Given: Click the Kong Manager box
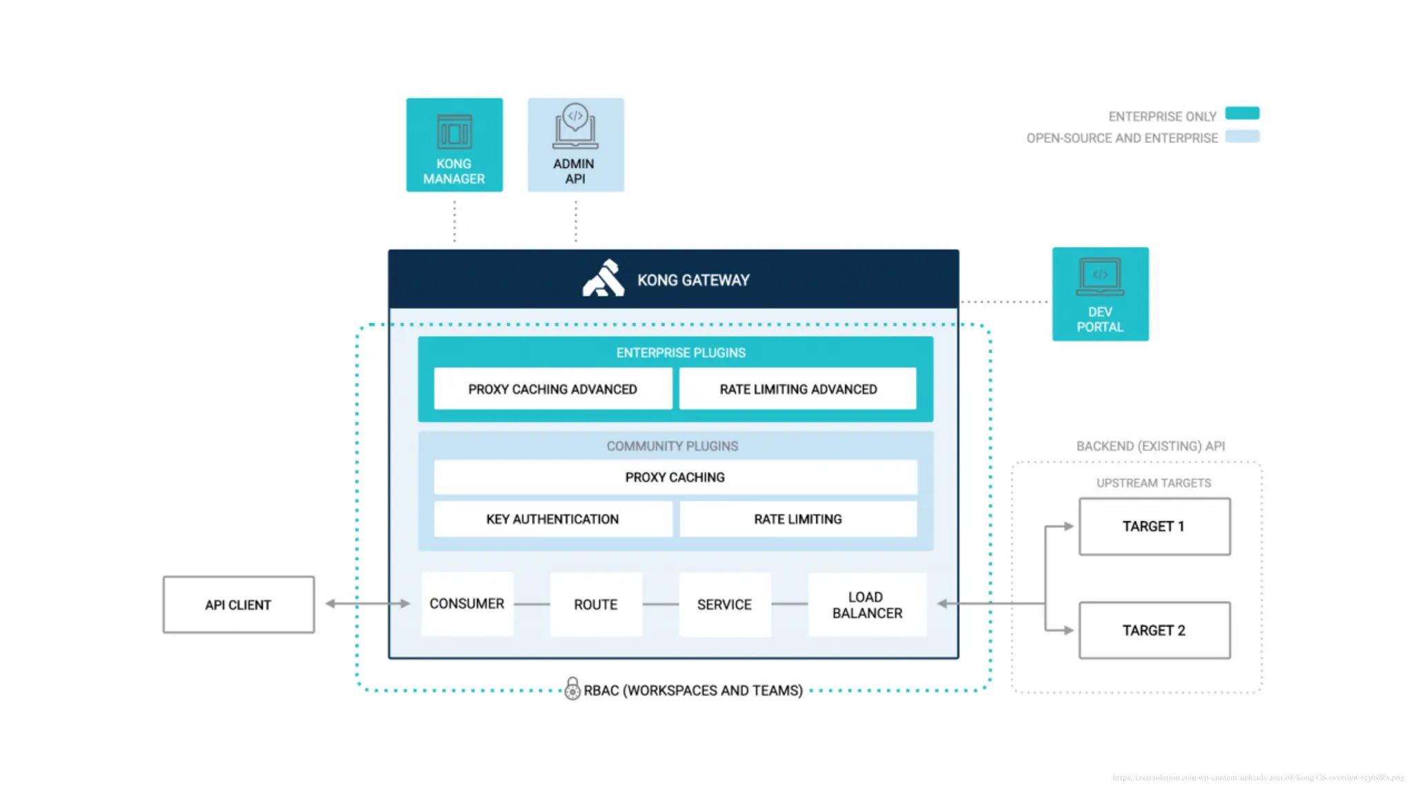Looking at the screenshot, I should click(454, 145).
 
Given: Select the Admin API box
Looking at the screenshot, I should click(576, 145).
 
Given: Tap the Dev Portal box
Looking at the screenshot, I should click(1100, 294).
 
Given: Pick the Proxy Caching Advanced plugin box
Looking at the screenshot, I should click(552, 389).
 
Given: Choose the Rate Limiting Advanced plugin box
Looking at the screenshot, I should click(797, 389).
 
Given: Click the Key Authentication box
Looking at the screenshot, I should click(552, 519).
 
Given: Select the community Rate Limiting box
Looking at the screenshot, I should click(797, 519).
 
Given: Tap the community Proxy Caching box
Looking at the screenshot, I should click(675, 478).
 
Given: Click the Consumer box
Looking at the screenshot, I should click(467, 604).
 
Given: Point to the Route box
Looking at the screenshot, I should click(595, 605).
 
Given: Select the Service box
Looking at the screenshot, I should click(724, 605).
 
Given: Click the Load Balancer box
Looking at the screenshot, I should click(866, 605).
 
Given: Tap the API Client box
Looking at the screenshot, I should click(238, 605).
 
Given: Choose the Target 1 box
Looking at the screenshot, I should click(1154, 527).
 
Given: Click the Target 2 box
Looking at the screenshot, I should click(1154, 630).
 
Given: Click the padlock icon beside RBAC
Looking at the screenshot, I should click(572, 689).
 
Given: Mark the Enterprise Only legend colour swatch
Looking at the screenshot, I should click(1241, 113).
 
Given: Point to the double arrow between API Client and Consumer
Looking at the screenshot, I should click(367, 604).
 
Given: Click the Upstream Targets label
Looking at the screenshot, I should click(1154, 483).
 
